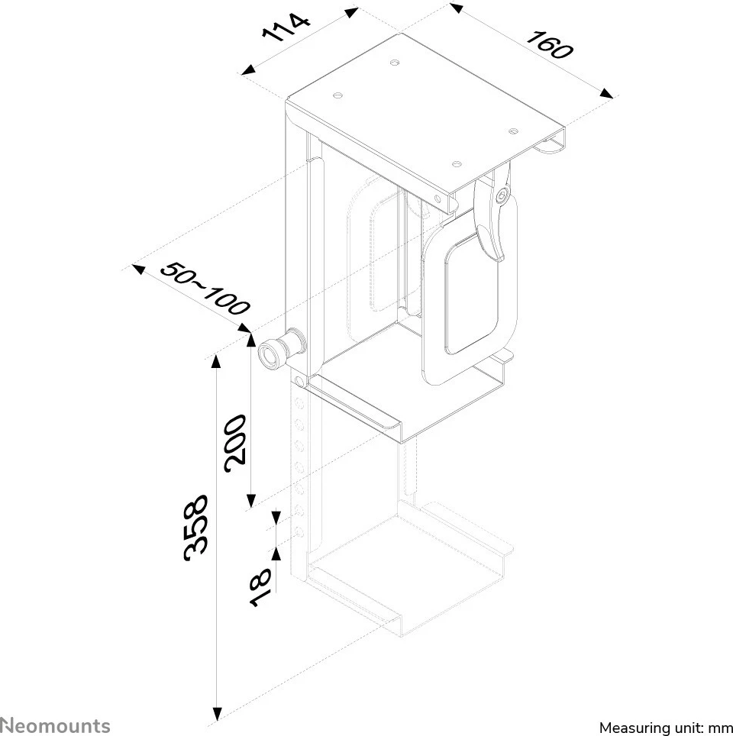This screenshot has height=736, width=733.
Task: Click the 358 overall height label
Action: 195,528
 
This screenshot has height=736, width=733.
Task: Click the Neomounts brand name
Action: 55,725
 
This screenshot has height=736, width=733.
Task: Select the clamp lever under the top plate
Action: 489,221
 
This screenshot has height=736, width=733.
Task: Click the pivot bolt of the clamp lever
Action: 501,197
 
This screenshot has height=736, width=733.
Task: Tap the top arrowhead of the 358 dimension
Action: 217,360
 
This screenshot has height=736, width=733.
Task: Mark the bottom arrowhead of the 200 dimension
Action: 250,502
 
